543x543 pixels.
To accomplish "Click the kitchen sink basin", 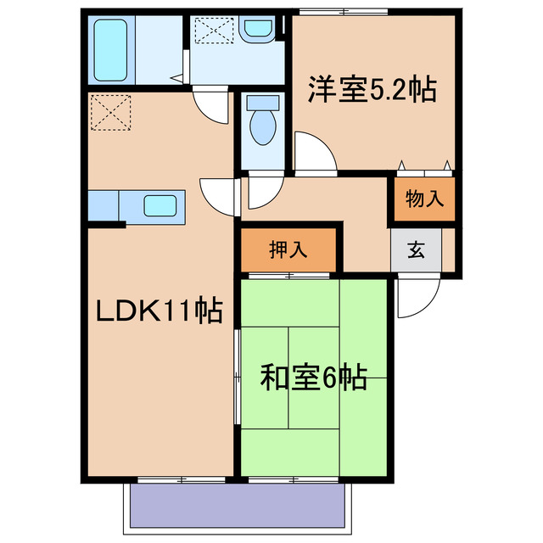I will coord(160,205).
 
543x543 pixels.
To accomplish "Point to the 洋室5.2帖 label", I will coord(372,89).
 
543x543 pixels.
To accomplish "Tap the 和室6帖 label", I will coord(313,377).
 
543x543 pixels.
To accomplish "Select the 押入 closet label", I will coord(288,250).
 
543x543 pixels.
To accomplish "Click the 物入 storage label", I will coord(423,199).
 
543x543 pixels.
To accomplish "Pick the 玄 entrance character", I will coord(417,250).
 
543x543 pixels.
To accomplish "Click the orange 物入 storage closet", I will coord(423,199).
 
